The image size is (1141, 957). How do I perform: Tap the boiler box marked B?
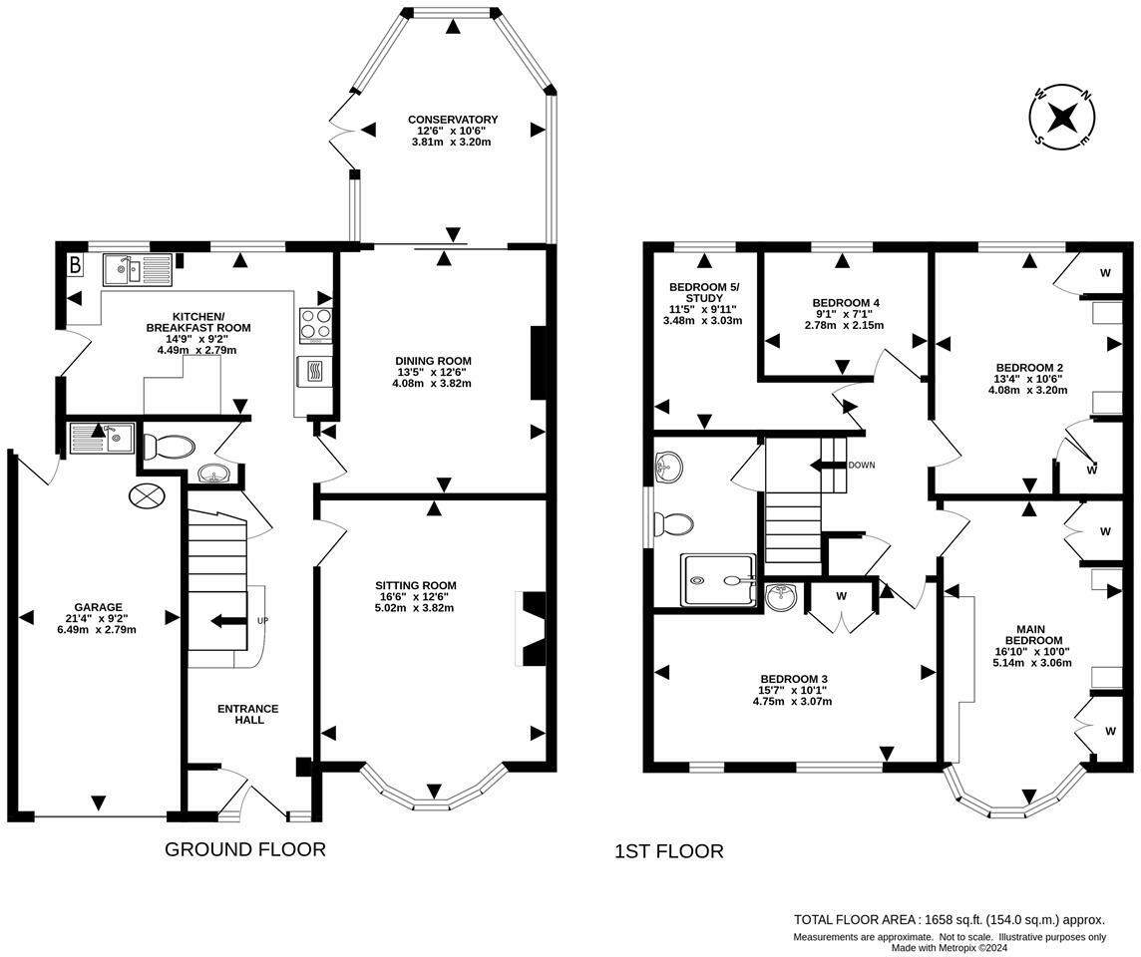click(74, 265)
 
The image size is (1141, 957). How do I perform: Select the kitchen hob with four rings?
click(316, 325)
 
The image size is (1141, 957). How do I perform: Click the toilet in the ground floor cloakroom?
click(169, 447)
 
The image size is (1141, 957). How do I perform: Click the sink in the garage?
click(101, 439)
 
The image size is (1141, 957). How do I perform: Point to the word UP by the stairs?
click(262, 621)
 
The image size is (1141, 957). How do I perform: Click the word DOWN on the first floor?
click(861, 466)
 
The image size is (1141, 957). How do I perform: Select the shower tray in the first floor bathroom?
click(718, 579)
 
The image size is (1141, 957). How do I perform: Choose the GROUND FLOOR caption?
click(245, 848)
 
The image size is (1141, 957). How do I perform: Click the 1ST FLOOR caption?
click(668, 850)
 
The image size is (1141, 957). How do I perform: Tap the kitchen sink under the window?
click(137, 269)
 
